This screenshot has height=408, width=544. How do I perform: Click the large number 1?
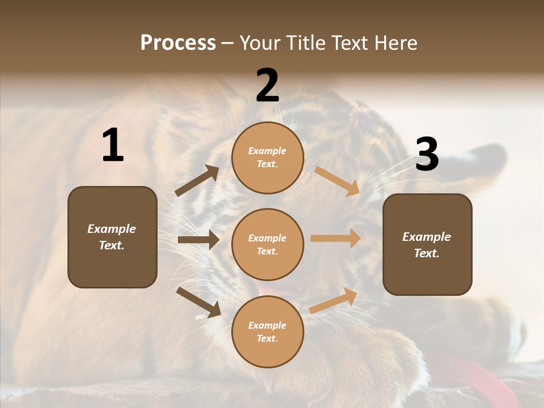tap(113, 146)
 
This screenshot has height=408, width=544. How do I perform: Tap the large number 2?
tap(267, 86)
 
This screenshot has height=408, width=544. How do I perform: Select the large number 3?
tap(427, 155)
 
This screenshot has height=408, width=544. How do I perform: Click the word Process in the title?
tap(178, 42)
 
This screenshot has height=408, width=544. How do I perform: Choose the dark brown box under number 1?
tap(112, 237)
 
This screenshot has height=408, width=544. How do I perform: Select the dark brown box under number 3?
tap(427, 244)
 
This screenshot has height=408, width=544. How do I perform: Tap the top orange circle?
tap(267, 158)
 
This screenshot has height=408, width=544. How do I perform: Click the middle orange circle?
tap(267, 244)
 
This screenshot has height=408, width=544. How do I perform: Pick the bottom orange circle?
tap(267, 331)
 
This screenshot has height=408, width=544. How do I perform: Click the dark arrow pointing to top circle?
tap(197, 181)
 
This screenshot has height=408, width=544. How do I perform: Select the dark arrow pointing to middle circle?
tap(198, 240)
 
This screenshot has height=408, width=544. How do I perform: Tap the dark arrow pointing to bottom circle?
tap(198, 301)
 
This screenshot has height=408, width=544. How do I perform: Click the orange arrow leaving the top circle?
tap(337, 181)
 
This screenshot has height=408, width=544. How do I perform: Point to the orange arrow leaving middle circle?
tap(335, 239)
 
